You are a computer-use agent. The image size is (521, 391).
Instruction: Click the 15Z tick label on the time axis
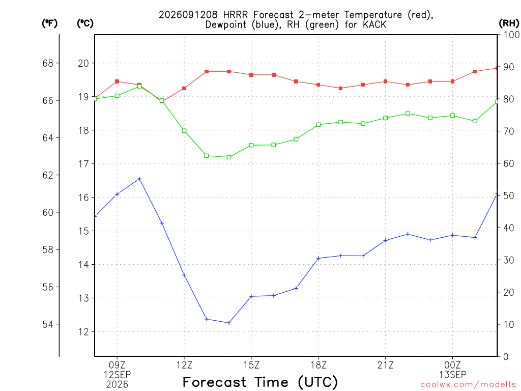pos(251,365)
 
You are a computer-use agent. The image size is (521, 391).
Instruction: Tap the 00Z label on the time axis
pos(452,365)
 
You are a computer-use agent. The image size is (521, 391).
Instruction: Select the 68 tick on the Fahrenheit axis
pos(48,63)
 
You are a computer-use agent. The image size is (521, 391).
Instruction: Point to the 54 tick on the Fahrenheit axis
pos(48,324)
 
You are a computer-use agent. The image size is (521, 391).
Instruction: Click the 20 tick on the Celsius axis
pos(84,63)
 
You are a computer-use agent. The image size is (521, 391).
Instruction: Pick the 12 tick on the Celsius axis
pos(84,331)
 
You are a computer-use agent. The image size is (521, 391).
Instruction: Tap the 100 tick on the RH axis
pos(511,35)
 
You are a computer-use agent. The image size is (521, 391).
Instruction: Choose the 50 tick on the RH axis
pos(509,195)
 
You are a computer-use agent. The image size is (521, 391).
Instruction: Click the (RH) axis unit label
pos(509,23)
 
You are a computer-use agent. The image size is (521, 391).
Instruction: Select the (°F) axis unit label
pos(49,23)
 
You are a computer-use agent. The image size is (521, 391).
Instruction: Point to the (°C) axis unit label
pos(85,23)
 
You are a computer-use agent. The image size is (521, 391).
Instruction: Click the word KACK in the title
pos(374,24)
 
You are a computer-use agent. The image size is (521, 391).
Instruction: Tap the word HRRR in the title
pos(235,15)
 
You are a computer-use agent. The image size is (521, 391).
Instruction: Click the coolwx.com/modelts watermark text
pos(468,384)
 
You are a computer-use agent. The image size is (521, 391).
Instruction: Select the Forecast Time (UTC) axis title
pos(260,382)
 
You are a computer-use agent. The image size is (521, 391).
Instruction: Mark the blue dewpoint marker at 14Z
pos(229,323)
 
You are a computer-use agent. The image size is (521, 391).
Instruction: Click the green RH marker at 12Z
pos(184,131)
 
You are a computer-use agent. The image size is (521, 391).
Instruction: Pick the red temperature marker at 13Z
pos(207,71)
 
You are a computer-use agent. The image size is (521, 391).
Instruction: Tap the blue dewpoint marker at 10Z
pos(139,179)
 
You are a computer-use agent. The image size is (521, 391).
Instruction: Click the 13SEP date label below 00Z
pos(452,375)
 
